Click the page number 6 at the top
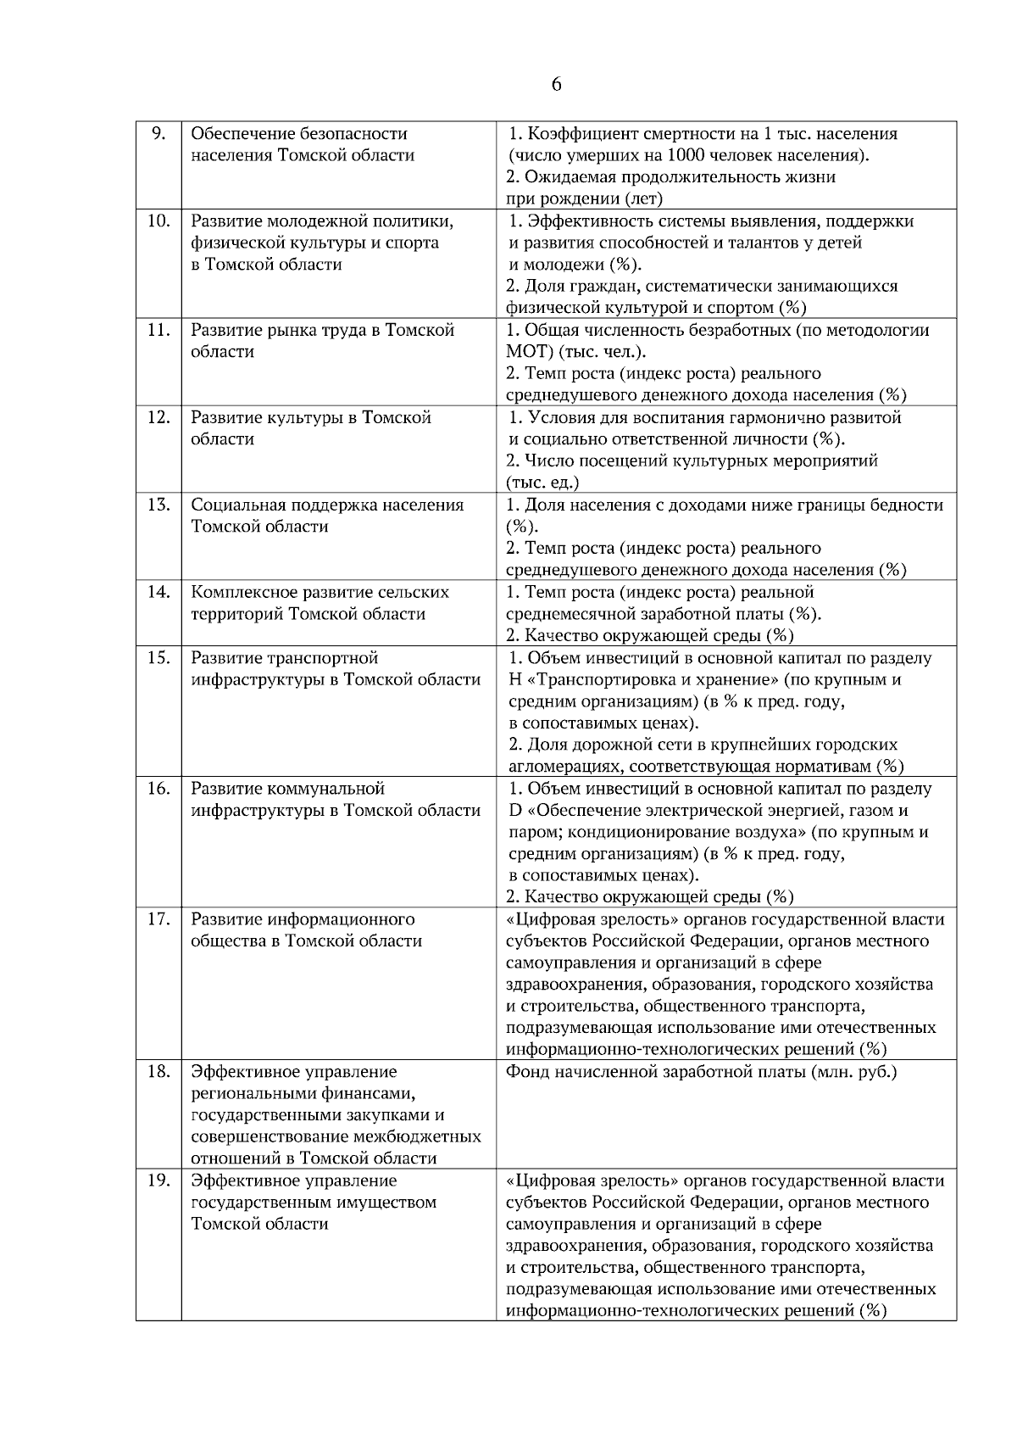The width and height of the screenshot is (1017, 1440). tap(556, 85)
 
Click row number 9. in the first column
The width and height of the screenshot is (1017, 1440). tap(158, 133)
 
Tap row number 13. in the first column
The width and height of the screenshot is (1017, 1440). tap(158, 505)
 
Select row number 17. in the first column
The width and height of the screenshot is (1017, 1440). tap(158, 918)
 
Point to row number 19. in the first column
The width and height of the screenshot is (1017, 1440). tap(158, 1180)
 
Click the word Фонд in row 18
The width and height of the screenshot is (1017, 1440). tap(526, 1071)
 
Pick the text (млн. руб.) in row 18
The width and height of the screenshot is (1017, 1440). tap(854, 1071)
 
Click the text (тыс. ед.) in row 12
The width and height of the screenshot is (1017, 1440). tap(542, 483)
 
